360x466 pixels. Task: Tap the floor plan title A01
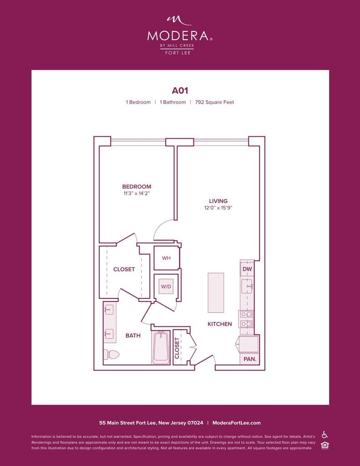180,91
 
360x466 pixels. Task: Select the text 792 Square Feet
214,102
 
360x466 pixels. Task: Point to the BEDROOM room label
137,187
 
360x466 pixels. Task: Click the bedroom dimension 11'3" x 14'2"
137,193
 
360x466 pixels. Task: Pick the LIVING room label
218,201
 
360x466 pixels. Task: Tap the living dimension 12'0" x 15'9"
218,208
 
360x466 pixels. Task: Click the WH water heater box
167,258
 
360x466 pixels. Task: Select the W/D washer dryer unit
166,287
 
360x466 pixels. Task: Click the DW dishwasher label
247,269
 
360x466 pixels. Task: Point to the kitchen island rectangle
216,293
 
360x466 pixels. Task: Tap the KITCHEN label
220,324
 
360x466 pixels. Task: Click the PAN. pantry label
250,359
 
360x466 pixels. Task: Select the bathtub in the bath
161,347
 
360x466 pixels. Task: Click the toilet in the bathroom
111,354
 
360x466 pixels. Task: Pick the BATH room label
133,335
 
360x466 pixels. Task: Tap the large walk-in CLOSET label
124,269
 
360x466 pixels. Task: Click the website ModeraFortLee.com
237,423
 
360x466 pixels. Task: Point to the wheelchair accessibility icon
325,435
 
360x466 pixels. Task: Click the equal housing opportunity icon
325,446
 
